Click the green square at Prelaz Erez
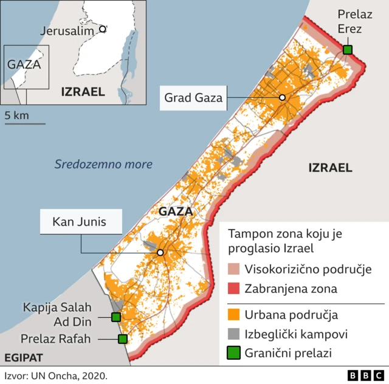347,49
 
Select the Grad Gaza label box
194,97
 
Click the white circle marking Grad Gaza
282,98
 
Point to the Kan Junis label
78,222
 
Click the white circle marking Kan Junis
160,253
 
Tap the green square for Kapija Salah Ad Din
115,317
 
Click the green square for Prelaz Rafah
123,339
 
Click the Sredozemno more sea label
103,164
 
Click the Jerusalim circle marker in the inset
103,29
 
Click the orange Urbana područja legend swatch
234,315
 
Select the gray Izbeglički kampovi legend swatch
234,334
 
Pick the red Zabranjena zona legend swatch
234,289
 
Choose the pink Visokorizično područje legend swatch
234,269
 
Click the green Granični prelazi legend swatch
234,352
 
